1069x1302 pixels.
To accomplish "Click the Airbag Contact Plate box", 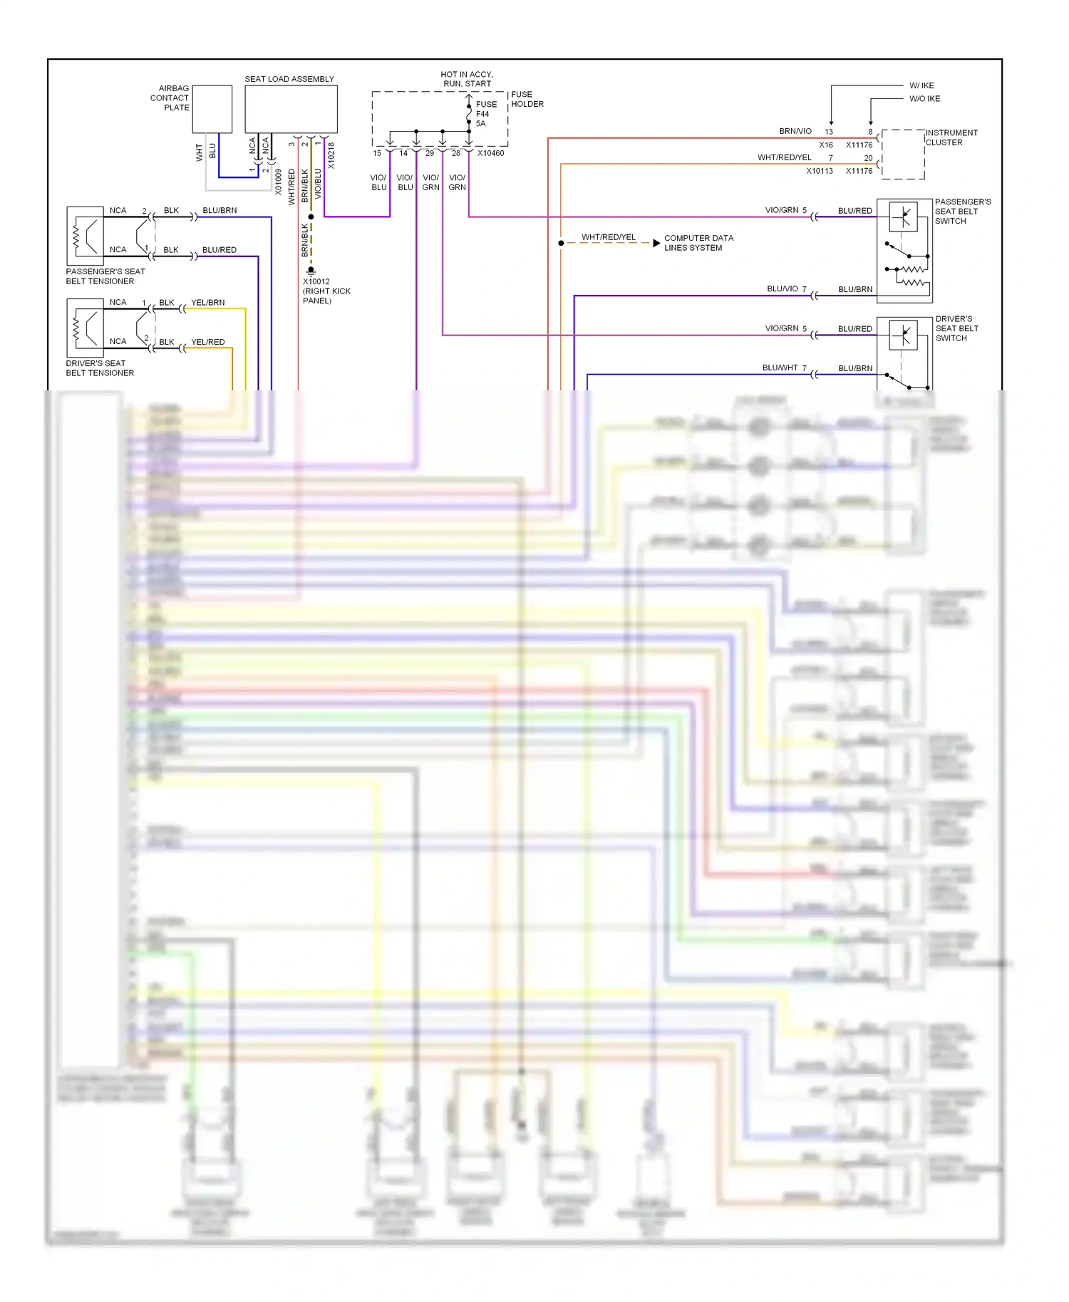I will click(x=212, y=109).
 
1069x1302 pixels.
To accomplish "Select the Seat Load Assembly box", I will click(x=291, y=109).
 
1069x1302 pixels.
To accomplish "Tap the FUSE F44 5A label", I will click(x=486, y=114).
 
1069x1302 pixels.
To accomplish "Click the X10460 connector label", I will click(x=490, y=153).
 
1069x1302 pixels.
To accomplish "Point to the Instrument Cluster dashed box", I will click(x=902, y=154).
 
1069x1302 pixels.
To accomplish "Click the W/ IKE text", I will click(x=921, y=85).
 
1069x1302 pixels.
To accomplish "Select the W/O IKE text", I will click(x=924, y=99).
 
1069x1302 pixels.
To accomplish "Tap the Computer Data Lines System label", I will click(x=698, y=243).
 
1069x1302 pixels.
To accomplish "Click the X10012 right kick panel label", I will click(x=326, y=291).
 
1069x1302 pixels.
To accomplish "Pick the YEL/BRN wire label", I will click(x=207, y=303).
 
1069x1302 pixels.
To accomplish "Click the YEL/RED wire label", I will click(x=207, y=342).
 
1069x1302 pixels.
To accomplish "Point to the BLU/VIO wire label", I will click(x=782, y=288).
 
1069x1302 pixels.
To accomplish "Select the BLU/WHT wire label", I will click(x=780, y=368).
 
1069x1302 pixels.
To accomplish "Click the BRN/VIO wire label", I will click(x=795, y=131).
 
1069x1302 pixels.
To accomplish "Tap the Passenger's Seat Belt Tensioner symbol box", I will click(x=85, y=236).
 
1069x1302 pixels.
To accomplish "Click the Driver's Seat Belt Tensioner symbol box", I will click(x=85, y=328).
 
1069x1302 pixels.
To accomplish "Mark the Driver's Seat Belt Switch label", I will click(x=956, y=328).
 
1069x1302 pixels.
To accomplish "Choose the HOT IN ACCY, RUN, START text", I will click(x=466, y=79).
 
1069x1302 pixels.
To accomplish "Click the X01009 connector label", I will click(x=278, y=182).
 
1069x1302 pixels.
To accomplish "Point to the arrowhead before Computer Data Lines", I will click(x=656, y=243).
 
